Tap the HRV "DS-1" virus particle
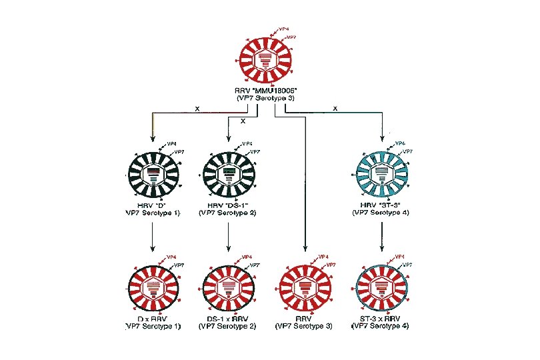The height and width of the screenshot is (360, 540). [229, 173]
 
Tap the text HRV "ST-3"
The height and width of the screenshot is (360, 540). [381, 205]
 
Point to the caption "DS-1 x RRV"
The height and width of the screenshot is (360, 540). [229, 319]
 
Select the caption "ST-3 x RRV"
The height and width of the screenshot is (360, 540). [381, 319]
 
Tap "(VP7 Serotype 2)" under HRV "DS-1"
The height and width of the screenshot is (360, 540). [229, 212]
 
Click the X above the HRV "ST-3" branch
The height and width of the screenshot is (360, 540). [335, 108]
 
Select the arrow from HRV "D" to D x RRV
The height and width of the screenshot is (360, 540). [154, 237]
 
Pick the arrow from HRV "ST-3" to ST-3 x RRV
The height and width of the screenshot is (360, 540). [381, 237]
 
